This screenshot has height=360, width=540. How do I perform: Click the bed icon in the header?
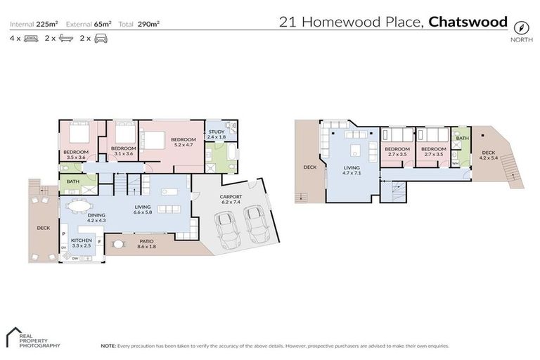coord(30,39)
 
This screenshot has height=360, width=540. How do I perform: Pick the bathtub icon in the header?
coord(65,39)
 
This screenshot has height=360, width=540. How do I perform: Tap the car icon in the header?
coord(101,39)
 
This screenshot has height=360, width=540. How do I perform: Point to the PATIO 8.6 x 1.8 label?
coord(146,243)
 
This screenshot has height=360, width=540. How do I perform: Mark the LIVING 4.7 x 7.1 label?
coord(351,171)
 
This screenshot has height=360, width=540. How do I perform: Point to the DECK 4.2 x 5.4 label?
coord(487,155)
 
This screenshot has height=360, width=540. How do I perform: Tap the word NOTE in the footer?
coord(108,346)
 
